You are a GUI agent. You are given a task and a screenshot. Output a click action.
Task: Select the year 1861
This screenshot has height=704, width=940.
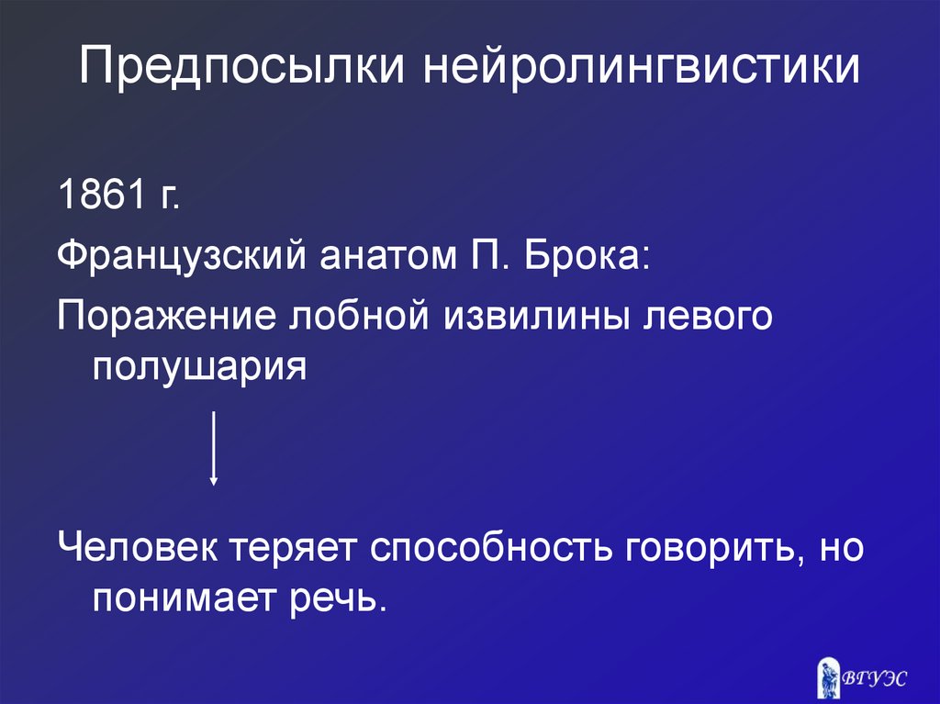coord(95,195)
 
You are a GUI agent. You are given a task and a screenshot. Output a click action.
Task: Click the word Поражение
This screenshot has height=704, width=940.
coord(166,317)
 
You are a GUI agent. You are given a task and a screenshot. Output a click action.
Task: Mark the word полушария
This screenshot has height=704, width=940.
coord(198,366)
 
